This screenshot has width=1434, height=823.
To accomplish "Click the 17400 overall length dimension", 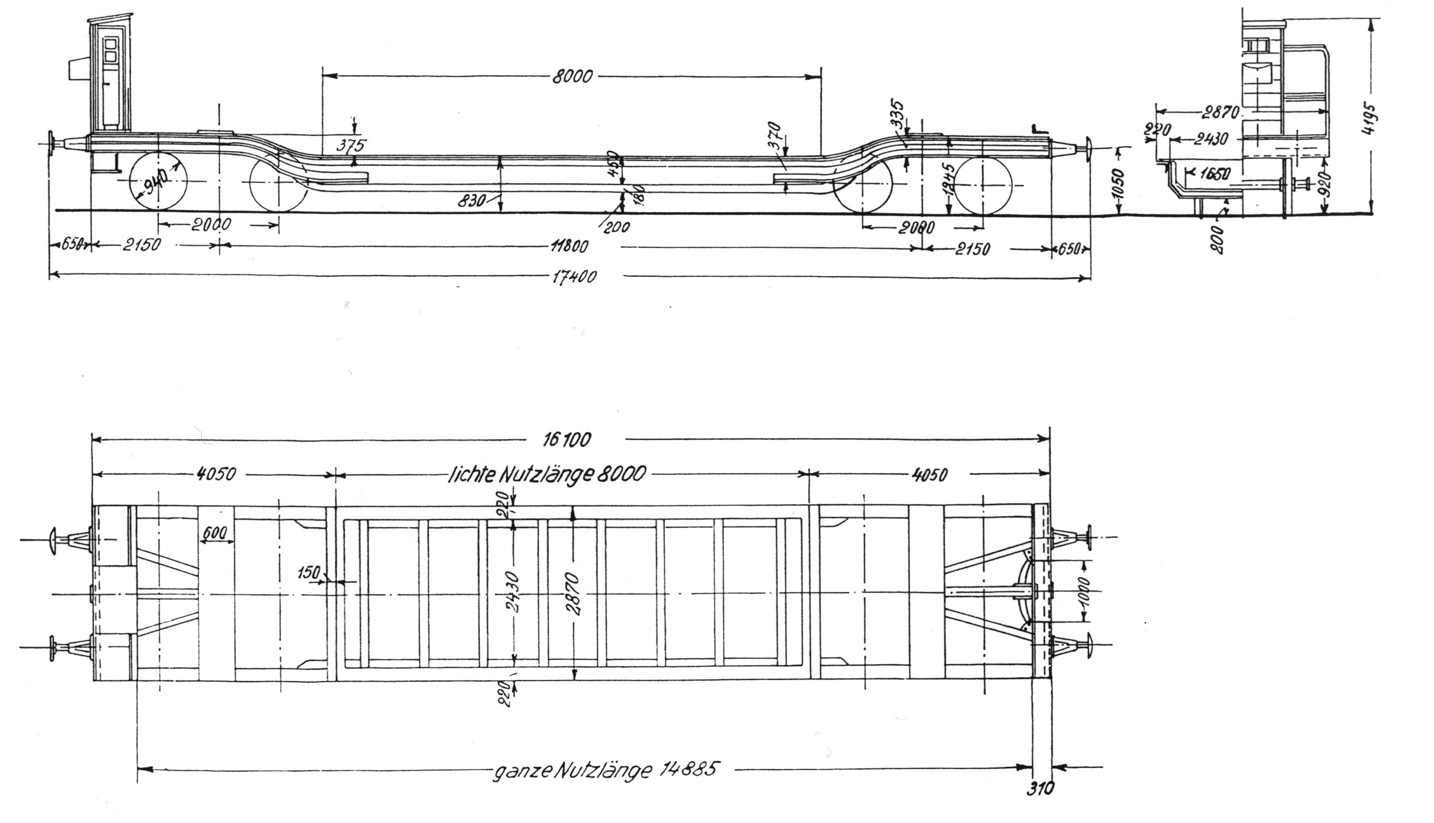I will click(x=574, y=277).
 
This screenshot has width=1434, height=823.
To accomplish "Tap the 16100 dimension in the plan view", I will click(x=567, y=439).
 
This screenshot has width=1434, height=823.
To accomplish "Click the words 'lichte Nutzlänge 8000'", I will click(x=546, y=474).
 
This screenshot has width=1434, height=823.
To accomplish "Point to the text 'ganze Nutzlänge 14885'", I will click(x=605, y=770).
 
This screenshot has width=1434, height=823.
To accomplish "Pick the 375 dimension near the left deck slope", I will click(x=351, y=145).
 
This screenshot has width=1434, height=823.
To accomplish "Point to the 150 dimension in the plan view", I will click(x=308, y=573).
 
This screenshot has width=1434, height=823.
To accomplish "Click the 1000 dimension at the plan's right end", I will click(x=1085, y=591).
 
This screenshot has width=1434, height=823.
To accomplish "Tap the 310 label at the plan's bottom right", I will click(x=1039, y=789).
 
